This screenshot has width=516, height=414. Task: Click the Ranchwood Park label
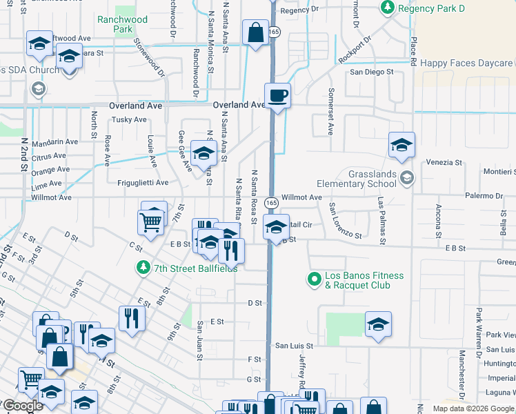[122, 25]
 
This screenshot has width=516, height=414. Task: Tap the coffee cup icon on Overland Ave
[277, 95]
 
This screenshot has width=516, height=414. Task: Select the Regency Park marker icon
[387, 8]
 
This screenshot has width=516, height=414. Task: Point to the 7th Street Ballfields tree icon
[143, 267]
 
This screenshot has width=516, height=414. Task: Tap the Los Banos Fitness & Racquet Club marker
[315, 279]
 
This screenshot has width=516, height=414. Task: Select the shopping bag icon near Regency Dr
[255, 32]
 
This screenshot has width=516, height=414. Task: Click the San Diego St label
[371, 72]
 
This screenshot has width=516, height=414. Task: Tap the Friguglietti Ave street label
[143, 183]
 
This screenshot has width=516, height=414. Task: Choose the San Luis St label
[294, 346]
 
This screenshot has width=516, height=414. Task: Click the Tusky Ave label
[129, 119]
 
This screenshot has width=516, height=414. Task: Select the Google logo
[23, 406]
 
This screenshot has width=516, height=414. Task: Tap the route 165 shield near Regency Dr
[274, 32]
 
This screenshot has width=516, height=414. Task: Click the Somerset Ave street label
[330, 111]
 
